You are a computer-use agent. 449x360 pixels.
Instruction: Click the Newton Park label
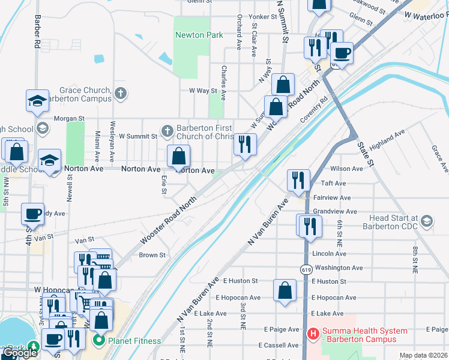click(x=199, y=35)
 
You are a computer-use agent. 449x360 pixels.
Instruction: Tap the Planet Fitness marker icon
click(x=99, y=341)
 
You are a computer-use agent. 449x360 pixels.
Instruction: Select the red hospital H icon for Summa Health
click(x=312, y=334)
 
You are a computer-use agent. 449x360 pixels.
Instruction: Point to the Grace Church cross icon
click(x=120, y=92)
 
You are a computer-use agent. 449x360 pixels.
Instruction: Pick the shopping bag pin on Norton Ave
click(x=178, y=157)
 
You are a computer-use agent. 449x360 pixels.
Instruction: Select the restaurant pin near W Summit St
click(x=244, y=144)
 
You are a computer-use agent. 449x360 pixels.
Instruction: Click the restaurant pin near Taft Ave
click(x=298, y=180)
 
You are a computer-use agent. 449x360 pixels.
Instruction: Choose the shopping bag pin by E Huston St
click(x=285, y=290)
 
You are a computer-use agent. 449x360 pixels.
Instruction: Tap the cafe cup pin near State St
click(x=342, y=53)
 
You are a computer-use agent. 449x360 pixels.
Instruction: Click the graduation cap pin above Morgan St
click(x=37, y=100)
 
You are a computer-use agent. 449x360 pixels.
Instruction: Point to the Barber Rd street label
click(x=37, y=32)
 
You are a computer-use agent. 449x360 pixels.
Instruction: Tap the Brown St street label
click(x=152, y=255)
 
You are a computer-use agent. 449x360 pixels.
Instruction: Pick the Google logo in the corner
click(x=20, y=353)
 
